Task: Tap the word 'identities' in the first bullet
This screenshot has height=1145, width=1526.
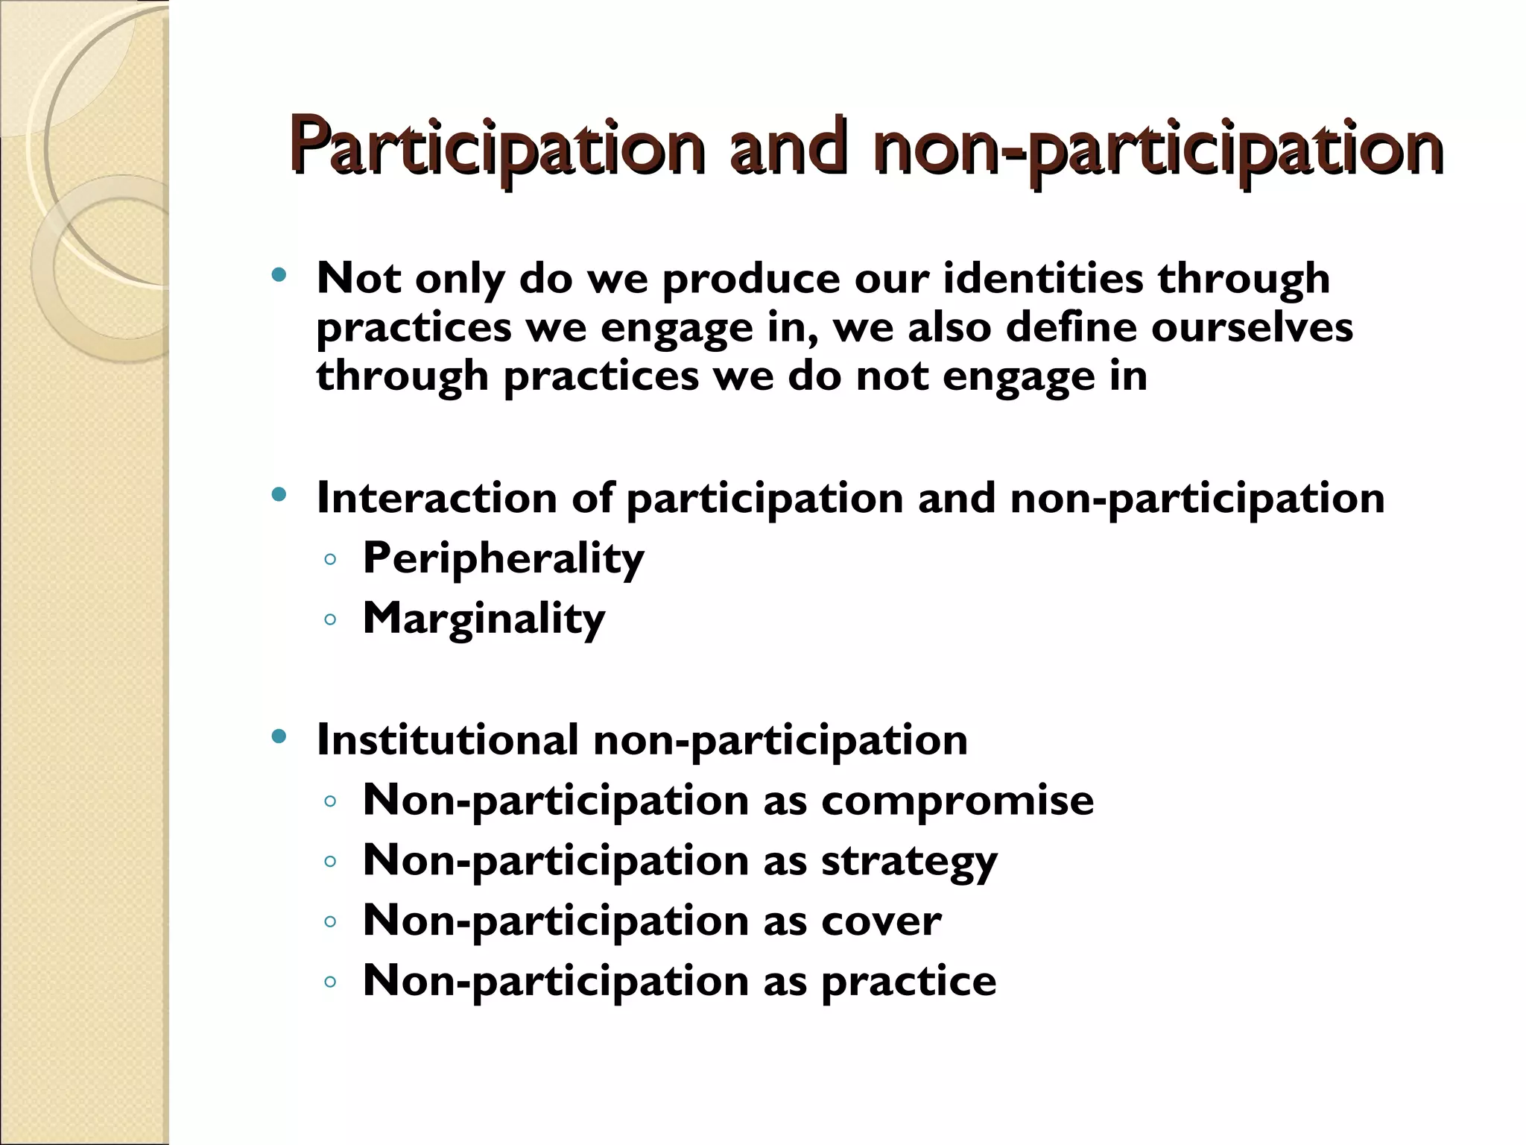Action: pos(1043,278)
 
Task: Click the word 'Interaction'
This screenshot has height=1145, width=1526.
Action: pos(437,497)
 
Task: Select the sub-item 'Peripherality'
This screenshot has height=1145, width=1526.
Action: pos(503,558)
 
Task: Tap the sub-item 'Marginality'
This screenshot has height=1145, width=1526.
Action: pos(484,619)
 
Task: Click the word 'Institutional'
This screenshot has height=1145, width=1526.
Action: pos(447,739)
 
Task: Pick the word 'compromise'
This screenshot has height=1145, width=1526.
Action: pos(957,801)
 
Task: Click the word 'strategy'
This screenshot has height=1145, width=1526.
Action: pos(909,862)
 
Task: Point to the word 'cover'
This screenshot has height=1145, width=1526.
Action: pos(881,921)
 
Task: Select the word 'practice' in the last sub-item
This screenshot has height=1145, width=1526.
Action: pos(908,982)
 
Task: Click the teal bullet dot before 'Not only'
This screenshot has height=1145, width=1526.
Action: pos(279,275)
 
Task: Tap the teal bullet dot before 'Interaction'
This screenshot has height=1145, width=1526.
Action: pos(279,494)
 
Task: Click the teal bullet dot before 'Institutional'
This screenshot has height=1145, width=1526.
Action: pos(279,736)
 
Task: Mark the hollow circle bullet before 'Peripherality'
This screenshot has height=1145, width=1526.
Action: pos(331,559)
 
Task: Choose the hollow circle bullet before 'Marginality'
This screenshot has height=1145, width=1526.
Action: pos(331,619)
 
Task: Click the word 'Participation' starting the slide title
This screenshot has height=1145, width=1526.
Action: pos(497,147)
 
